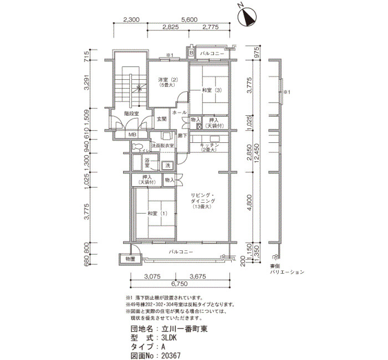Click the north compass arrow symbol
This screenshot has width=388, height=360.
(248, 17)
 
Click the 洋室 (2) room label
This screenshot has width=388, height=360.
(166, 81)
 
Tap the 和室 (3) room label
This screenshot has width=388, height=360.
(211, 90)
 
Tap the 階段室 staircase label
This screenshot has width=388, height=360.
(131, 113)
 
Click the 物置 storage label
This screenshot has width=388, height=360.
(130, 259)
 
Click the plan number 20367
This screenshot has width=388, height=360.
(170, 356)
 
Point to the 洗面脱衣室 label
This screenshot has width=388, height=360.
(162, 146)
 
